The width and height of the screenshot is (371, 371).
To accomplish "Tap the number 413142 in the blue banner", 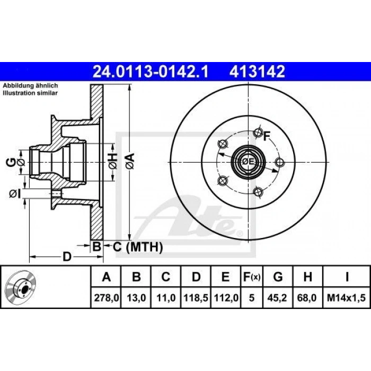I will pyautogui.click(x=257, y=71).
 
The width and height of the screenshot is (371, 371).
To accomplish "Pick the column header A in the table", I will pyautogui.click(x=107, y=277).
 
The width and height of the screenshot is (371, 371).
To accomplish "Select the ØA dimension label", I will pyautogui.click(x=129, y=158).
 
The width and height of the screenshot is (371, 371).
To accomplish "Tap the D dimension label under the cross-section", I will pyautogui.click(x=67, y=257).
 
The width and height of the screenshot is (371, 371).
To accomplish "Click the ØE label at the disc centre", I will pyautogui.click(x=249, y=161).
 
